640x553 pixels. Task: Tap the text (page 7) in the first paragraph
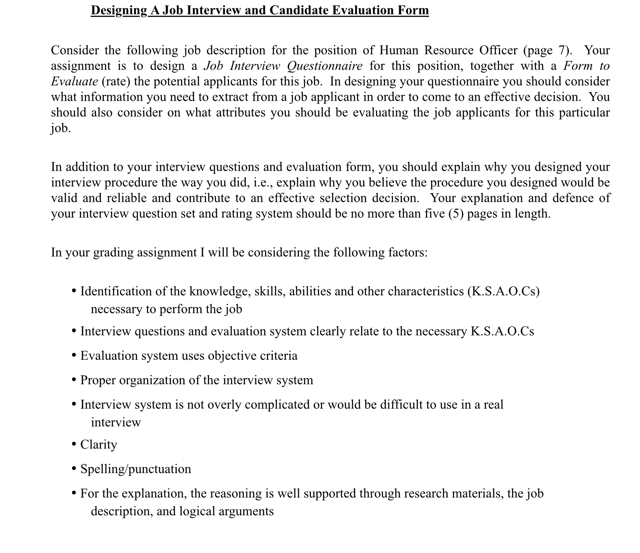point(548,50)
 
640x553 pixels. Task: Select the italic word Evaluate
point(74,81)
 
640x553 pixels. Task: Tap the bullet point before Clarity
point(74,444)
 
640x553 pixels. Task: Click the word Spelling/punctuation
point(135,469)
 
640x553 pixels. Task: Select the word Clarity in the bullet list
point(99,444)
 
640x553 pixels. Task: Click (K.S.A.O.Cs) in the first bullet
point(503,291)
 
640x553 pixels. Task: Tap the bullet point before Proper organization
point(74,380)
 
